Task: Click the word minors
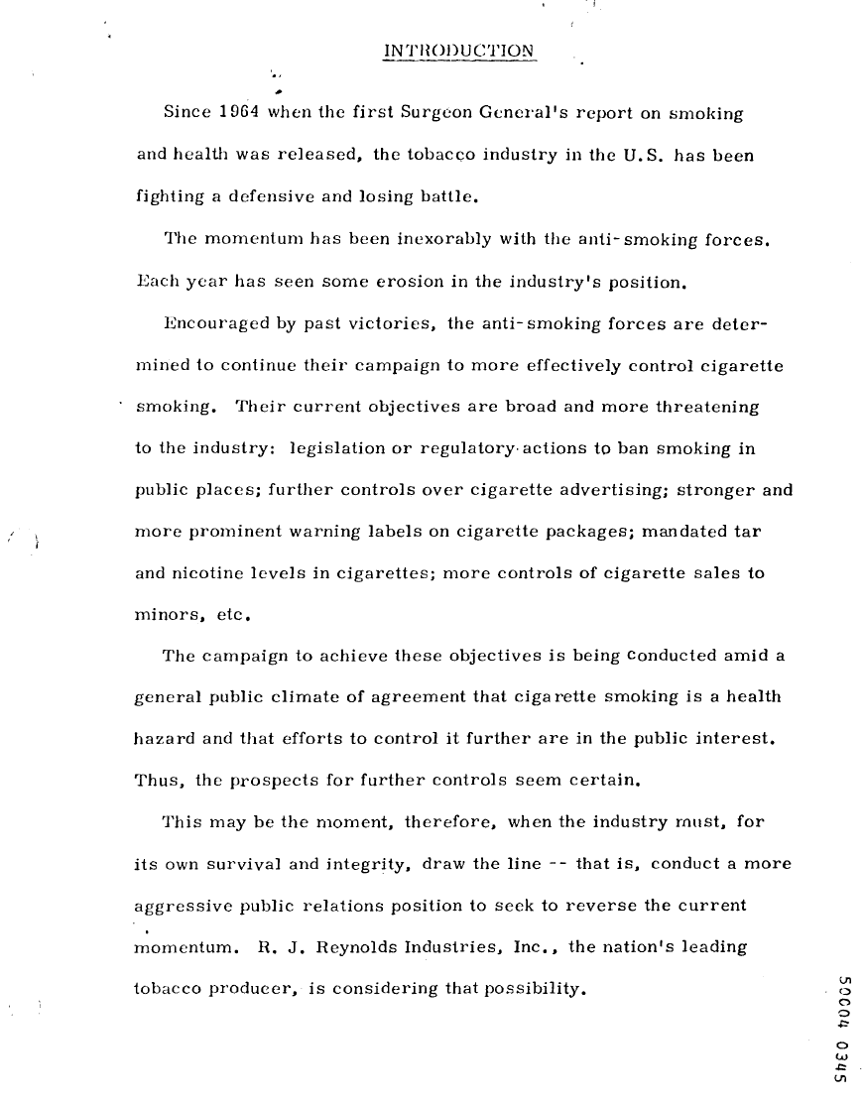click(x=164, y=615)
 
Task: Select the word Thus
click(x=155, y=781)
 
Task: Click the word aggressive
click(x=179, y=907)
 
